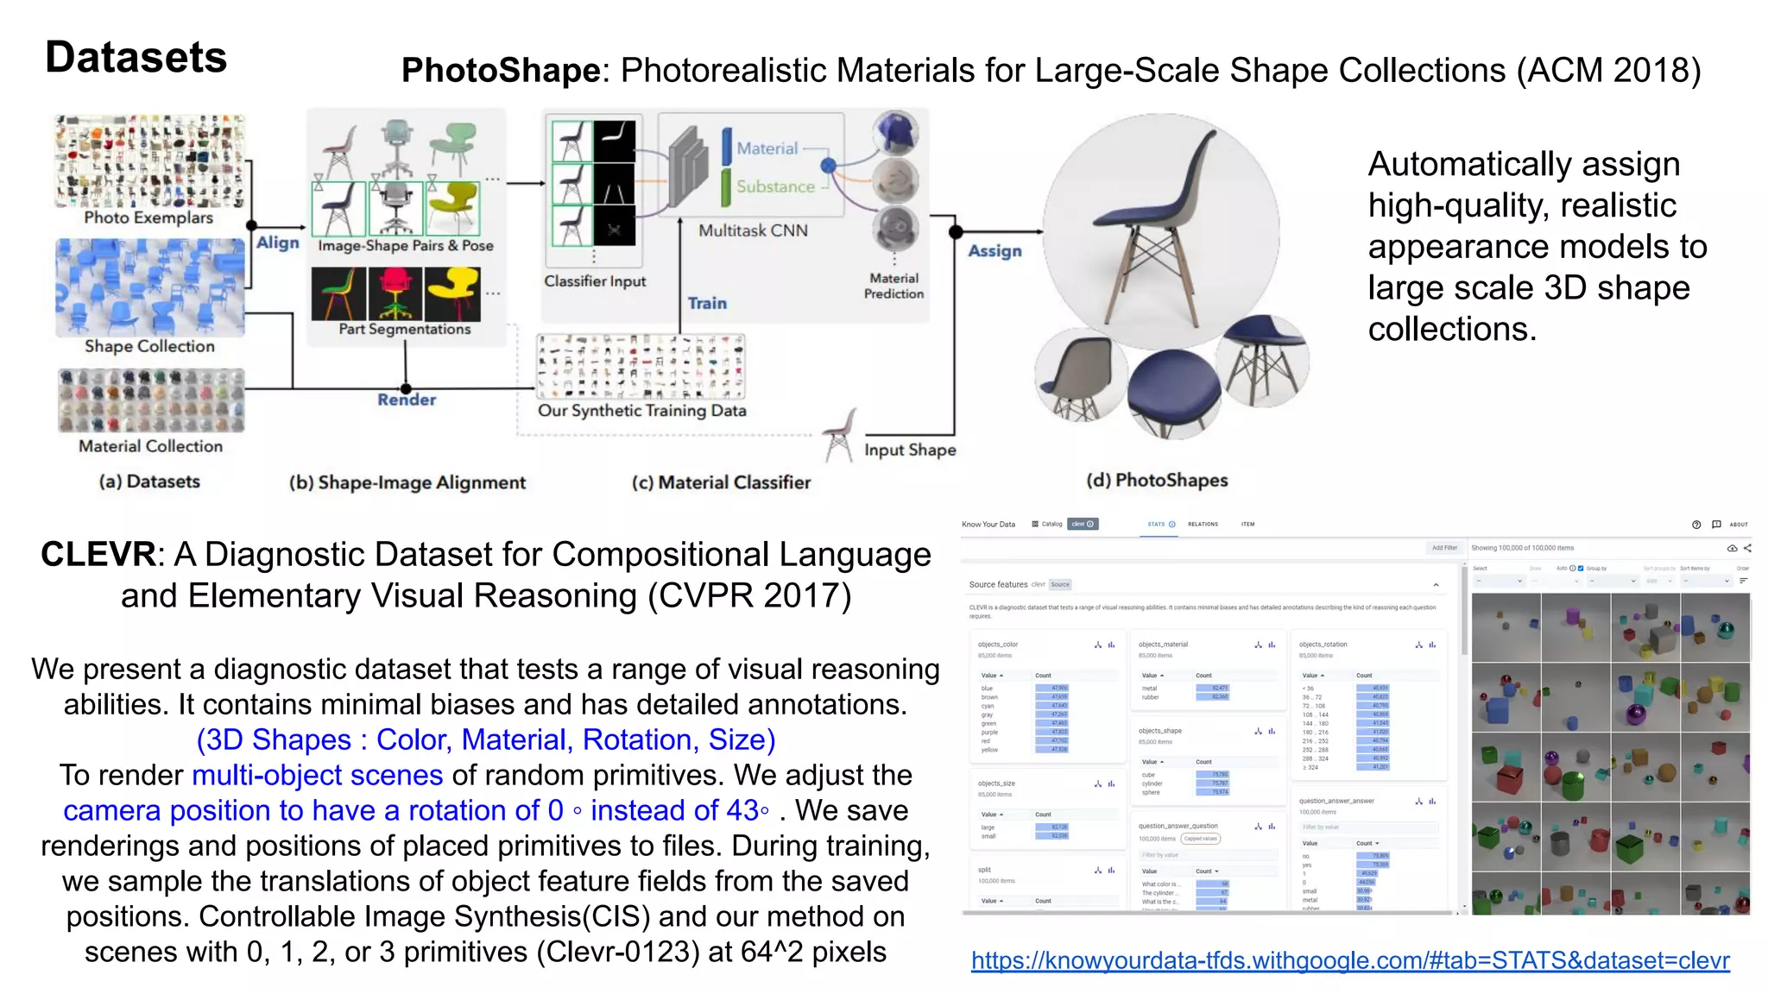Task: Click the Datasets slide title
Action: [136, 58]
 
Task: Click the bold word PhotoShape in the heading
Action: [501, 71]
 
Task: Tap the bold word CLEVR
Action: [98, 555]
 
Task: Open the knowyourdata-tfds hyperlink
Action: [1349, 960]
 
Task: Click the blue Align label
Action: [277, 243]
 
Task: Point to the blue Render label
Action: [406, 399]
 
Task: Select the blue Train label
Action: [707, 303]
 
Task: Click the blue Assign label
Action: [994, 251]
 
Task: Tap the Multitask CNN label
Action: [753, 230]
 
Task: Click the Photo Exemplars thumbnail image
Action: [149, 161]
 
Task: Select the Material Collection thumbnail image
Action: [151, 400]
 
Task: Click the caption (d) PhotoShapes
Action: [1157, 480]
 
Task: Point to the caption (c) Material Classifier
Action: [721, 482]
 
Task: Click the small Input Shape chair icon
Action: [838, 435]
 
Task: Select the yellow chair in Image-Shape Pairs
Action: [452, 208]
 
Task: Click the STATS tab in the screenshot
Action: [1157, 524]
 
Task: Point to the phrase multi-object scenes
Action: [317, 775]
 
